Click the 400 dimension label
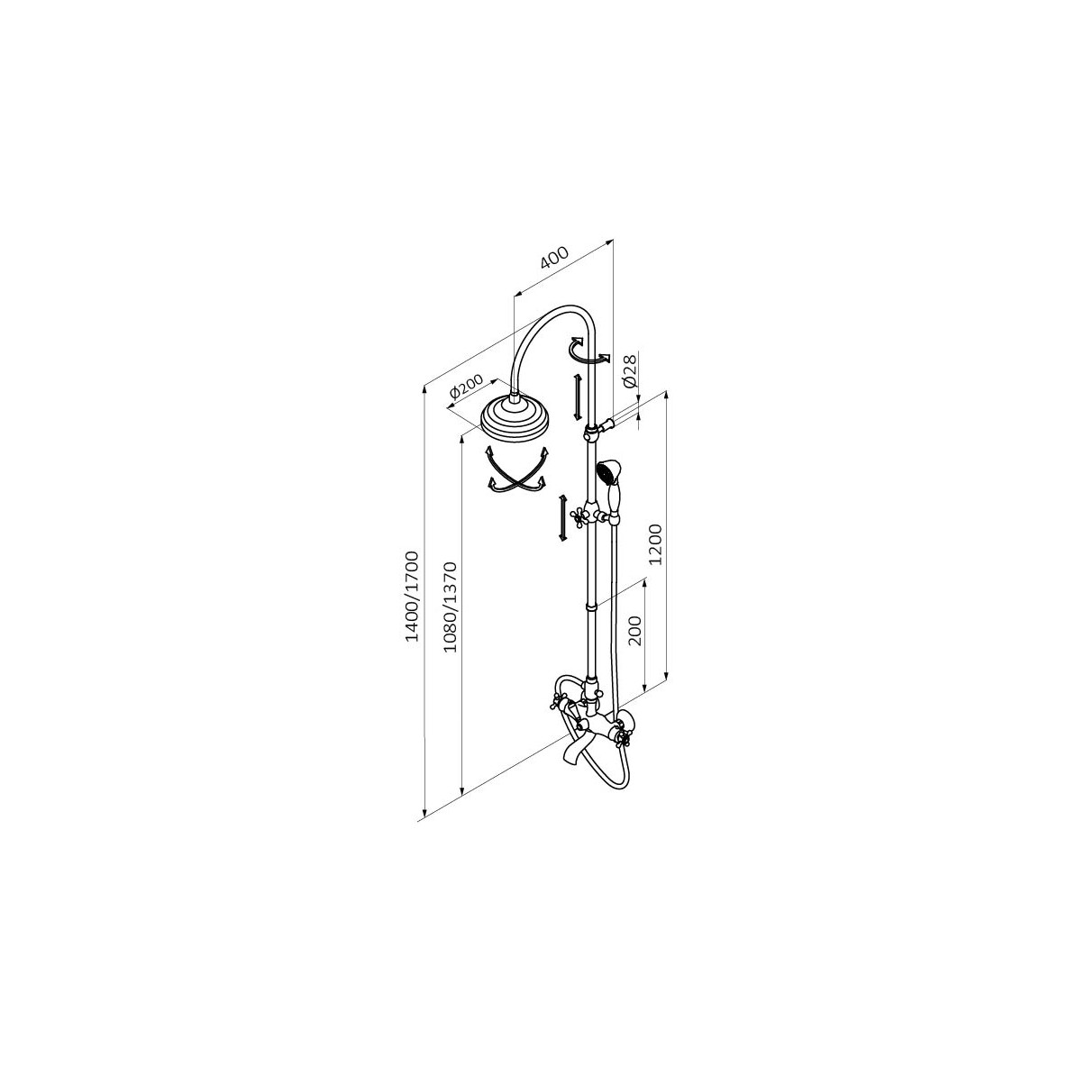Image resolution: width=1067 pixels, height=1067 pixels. (x=554, y=258)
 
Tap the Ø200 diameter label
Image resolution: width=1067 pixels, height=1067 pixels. (x=467, y=387)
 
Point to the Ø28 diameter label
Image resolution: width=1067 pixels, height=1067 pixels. (x=630, y=370)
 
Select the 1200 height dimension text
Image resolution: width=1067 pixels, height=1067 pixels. (x=655, y=543)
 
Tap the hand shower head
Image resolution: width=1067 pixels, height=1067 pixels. (x=606, y=471)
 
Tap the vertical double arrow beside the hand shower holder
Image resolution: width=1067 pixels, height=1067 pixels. (x=561, y=517)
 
